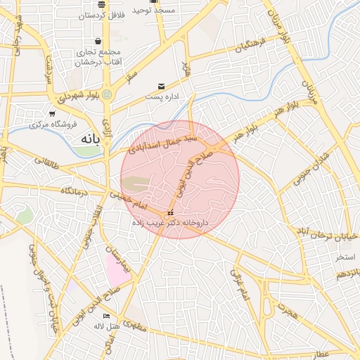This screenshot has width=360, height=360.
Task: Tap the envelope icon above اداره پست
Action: tap(162, 86)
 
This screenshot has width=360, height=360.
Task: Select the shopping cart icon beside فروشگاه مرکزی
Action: tap(52, 114)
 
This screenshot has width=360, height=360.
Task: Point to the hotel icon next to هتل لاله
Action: tap(106, 316)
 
